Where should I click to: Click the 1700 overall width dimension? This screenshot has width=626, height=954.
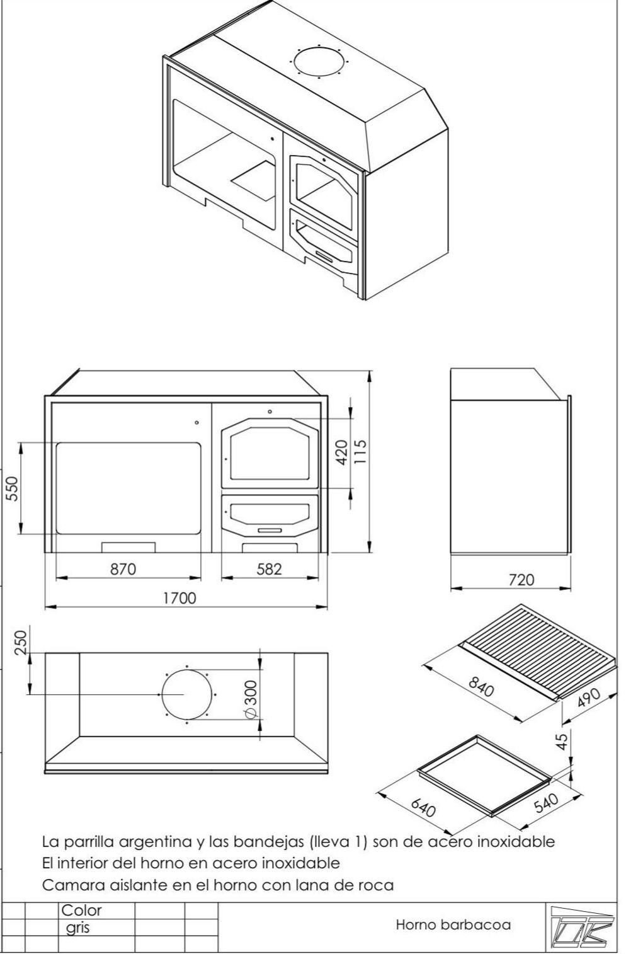coord(179,598)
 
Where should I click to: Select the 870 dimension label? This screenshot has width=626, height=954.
coord(123,569)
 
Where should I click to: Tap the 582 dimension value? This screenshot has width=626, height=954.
coord(269,569)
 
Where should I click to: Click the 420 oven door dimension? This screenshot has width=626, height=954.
coord(341,452)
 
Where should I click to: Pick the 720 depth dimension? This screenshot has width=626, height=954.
coord(521,580)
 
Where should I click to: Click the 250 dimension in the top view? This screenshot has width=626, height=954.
coord(20,642)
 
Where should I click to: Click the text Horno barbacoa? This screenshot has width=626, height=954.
coord(453,925)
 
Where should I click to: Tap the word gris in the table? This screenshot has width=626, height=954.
coord(78,928)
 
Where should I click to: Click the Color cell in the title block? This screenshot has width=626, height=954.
coord(81,911)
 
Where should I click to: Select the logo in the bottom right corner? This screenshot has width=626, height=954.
coord(579,926)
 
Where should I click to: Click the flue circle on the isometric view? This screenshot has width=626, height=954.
coord(319,62)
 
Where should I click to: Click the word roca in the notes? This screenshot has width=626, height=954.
coord(375,885)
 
